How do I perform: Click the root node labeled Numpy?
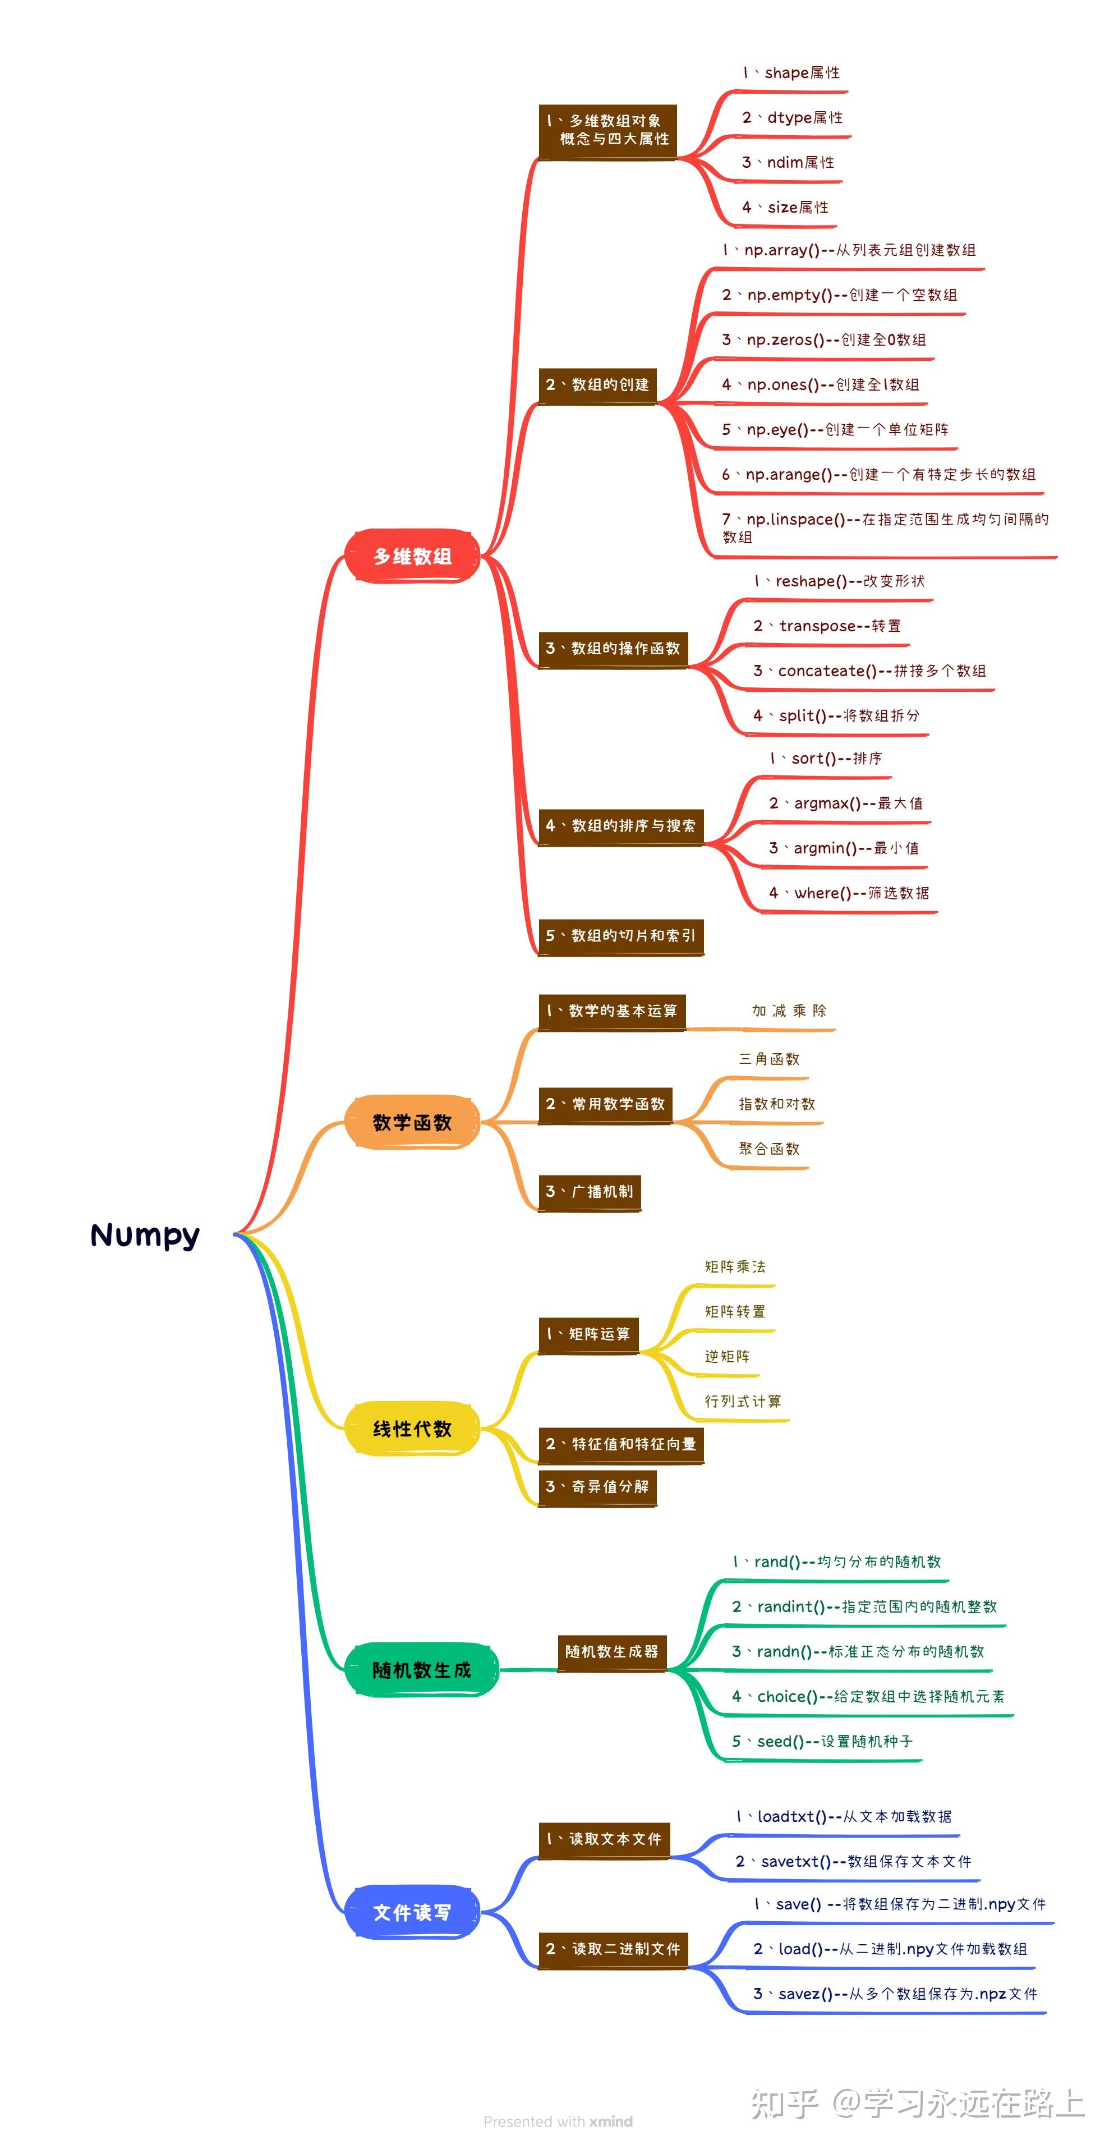coord(145,1234)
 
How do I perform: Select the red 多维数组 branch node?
coord(412,555)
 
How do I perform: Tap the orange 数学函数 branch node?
coord(412,1122)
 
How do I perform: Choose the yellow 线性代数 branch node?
coord(412,1428)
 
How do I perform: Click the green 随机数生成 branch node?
coord(421,1669)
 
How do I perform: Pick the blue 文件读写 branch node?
coord(412,1912)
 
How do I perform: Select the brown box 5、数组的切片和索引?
coord(620,935)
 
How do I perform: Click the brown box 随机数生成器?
coord(612,1651)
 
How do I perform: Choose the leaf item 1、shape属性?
coord(791,72)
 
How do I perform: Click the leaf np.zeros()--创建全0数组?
coord(824,339)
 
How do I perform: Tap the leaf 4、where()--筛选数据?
coord(849,893)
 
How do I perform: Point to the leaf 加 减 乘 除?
coord(789,1011)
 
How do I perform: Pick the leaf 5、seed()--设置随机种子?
coord(822,1741)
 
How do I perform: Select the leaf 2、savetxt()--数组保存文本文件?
coord(853,1861)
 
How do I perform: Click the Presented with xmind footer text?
coord(558,2122)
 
